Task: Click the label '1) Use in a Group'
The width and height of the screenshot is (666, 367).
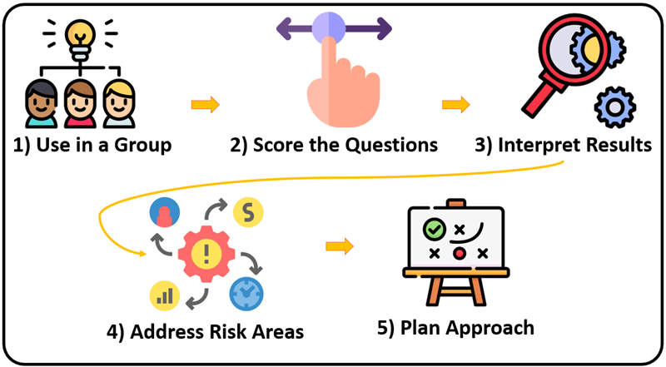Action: (93, 146)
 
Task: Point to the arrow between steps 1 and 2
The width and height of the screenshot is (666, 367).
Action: (205, 105)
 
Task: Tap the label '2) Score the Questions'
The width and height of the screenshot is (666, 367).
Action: (334, 146)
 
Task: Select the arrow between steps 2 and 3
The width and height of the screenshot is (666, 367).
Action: (455, 105)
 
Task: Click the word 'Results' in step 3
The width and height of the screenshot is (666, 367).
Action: (616, 146)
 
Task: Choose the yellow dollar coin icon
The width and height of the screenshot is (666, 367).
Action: (246, 211)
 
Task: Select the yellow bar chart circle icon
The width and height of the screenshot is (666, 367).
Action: (164, 295)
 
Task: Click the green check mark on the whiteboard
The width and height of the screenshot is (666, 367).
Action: (433, 228)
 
